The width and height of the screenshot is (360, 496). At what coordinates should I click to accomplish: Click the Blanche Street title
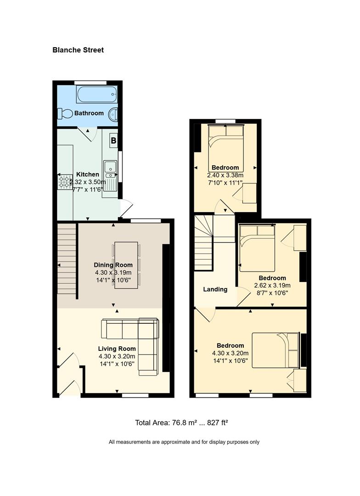[78, 50]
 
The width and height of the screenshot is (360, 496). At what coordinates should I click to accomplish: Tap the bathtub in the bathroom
[97, 94]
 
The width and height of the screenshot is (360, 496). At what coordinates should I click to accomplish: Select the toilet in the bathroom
[65, 113]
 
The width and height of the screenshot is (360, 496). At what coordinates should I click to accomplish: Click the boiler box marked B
[113, 140]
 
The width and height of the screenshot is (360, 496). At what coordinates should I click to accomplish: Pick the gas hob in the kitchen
[65, 182]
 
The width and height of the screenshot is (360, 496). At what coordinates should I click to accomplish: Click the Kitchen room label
[88, 175]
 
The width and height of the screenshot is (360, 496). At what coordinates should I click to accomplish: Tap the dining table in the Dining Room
[126, 265]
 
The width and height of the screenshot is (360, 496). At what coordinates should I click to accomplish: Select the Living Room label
[117, 349]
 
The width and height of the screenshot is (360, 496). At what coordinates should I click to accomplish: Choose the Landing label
[215, 289]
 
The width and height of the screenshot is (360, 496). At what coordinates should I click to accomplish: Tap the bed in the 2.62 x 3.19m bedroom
[257, 248]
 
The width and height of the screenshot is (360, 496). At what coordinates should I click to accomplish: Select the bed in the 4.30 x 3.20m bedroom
[276, 350]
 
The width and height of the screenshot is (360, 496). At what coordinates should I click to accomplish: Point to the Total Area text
[181, 423]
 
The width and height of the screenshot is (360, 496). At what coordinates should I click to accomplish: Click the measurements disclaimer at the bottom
[184, 442]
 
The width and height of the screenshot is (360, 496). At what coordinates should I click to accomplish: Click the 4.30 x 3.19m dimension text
[113, 273]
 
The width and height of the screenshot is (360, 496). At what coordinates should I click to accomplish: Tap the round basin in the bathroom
[113, 114]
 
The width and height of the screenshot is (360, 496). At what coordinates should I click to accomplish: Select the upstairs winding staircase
[203, 242]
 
